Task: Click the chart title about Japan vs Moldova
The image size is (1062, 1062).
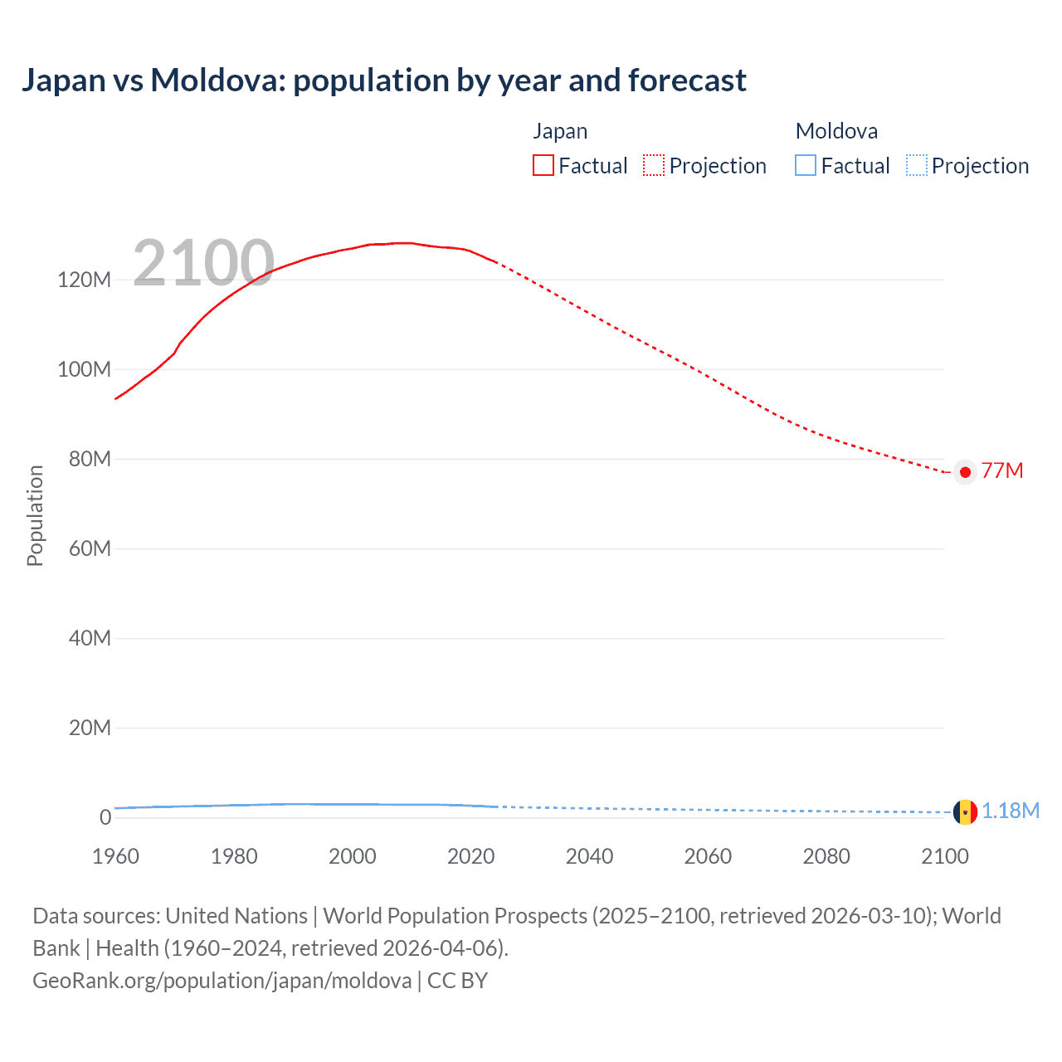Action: [384, 80]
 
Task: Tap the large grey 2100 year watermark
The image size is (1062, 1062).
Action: [203, 263]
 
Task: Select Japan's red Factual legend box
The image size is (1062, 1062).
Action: [543, 166]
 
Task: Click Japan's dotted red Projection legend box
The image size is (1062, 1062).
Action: [654, 166]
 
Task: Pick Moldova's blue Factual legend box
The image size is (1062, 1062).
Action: [806, 166]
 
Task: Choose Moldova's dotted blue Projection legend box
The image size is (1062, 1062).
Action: [916, 166]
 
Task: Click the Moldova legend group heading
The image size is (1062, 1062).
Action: [836, 131]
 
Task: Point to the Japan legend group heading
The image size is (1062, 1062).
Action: [560, 131]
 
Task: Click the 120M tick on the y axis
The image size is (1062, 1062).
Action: [84, 280]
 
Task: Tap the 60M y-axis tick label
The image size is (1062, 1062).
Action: [90, 548]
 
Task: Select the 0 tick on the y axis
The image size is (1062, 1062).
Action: [105, 817]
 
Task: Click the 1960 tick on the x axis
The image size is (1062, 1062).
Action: [115, 856]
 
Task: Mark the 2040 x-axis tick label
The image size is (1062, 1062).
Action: [589, 856]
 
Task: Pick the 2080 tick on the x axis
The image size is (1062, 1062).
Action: [826, 856]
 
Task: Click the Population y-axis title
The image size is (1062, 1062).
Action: [35, 515]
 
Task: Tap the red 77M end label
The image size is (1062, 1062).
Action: [1002, 470]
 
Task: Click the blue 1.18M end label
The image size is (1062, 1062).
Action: [1011, 811]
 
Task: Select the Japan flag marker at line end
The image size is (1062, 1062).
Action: [965, 472]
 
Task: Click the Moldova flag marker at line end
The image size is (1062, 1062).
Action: [965, 811]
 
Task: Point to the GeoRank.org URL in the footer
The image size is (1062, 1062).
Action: [222, 981]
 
